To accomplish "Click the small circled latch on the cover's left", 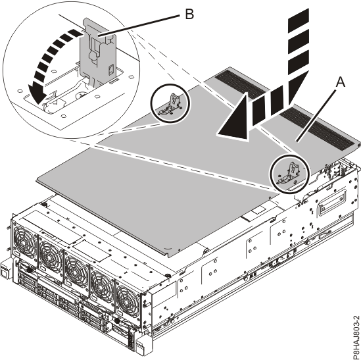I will tap(170, 102).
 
